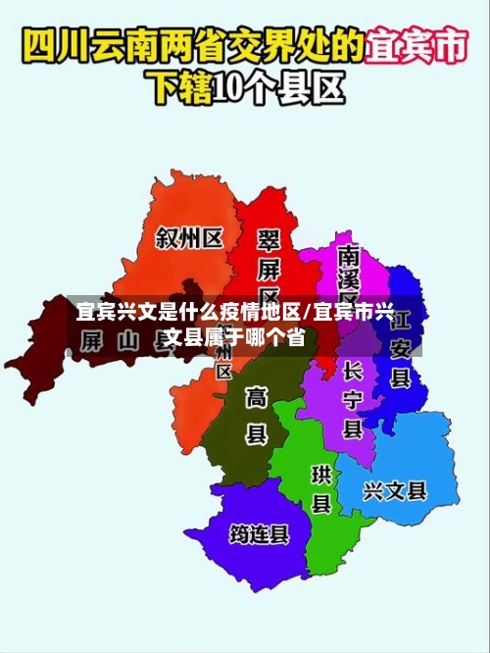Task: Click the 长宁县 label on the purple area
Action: coord(353,400)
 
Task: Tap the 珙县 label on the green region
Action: coord(321,488)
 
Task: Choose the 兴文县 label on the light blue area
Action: coord(395,489)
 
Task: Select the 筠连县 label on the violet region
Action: coord(259,534)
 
